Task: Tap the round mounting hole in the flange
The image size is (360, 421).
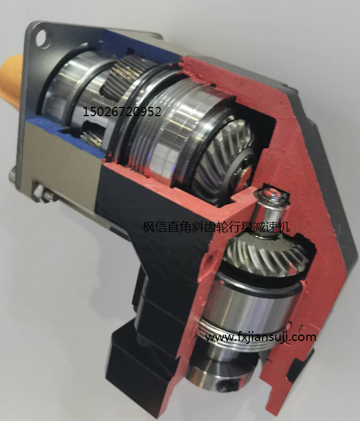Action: click(43, 39)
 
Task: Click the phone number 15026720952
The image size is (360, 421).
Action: click(122, 112)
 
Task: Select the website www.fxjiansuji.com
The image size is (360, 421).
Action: click(261, 336)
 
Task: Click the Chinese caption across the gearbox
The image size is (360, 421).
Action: click(216, 227)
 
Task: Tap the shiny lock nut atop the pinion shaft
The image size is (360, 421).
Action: click(271, 197)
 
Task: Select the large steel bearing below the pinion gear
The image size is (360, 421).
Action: click(252, 301)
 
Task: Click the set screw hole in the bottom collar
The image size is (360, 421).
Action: click(223, 386)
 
